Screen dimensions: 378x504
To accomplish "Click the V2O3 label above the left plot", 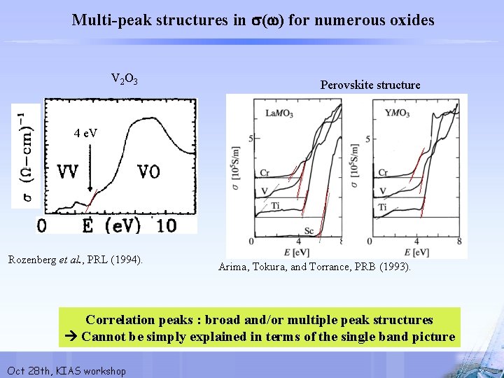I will [124, 78].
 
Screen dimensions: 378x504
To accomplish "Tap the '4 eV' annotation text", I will [85, 133].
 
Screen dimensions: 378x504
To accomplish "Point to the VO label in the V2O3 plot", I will [148, 171].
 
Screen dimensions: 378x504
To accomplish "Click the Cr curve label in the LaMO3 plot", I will [264, 172].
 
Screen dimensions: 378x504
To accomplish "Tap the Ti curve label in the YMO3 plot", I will [383, 208].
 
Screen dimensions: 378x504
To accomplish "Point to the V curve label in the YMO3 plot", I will [382, 191].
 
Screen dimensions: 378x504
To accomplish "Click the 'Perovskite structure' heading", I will [370, 85].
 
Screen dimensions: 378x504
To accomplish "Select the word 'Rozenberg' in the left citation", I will [36, 260].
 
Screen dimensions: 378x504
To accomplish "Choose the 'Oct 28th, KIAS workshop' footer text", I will [66, 370].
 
